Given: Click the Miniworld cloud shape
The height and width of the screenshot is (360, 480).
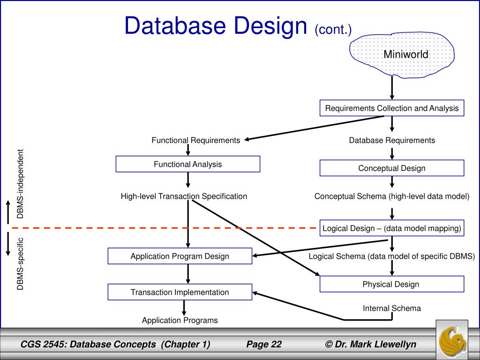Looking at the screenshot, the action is [x=402, y=55].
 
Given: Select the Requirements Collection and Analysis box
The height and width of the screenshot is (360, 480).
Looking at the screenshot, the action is [x=392, y=108].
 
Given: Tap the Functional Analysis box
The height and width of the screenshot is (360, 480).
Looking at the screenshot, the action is [x=187, y=164].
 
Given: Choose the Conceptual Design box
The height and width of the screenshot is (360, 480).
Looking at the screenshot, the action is [x=392, y=168].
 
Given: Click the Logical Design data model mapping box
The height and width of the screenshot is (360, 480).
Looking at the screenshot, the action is [x=392, y=228].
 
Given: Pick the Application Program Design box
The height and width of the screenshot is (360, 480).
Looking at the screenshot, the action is [x=180, y=256].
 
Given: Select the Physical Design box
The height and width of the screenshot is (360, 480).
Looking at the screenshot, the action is [x=392, y=284].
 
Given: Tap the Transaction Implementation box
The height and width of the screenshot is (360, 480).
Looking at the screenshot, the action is [x=180, y=292].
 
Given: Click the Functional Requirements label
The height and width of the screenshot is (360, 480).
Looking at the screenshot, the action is [x=195, y=140].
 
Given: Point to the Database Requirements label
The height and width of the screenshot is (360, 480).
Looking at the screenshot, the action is [x=392, y=140].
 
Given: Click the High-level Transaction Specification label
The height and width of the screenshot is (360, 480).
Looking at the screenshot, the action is [x=184, y=196].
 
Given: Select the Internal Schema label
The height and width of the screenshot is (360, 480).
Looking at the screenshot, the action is [x=392, y=308].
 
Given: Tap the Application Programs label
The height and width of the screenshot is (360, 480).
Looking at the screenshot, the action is [x=180, y=320].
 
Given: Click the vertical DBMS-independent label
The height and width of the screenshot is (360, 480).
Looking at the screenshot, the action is [x=20, y=184].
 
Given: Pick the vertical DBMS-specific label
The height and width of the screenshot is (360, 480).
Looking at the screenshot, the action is [x=20, y=264].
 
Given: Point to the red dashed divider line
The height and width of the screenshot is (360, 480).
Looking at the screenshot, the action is [x=164, y=228].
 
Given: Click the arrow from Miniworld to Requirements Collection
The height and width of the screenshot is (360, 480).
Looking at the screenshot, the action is [x=392, y=88].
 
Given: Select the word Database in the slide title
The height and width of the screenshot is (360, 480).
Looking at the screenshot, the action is [x=175, y=26].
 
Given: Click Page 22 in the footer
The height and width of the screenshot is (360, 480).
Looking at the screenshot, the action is [x=264, y=345].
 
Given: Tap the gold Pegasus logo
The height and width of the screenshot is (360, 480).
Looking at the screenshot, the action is [x=452, y=340].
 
